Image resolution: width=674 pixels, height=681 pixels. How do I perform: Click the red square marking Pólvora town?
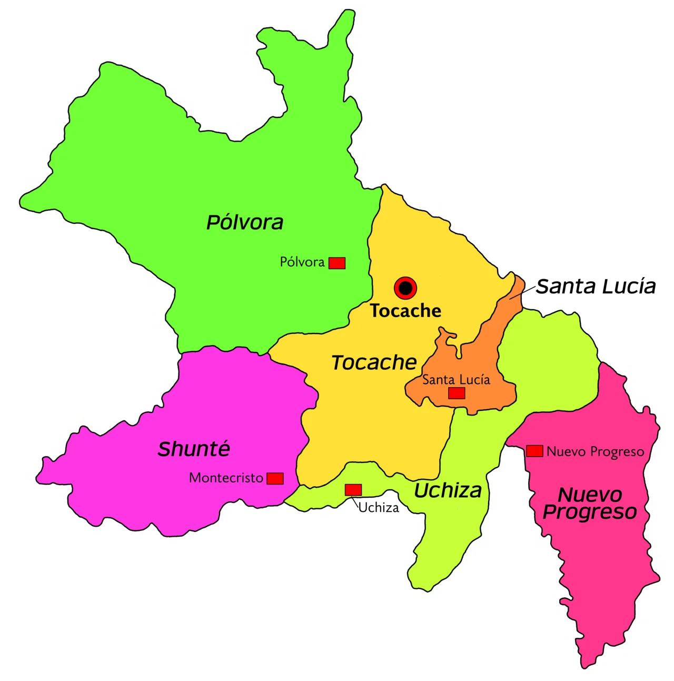click(x=337, y=263)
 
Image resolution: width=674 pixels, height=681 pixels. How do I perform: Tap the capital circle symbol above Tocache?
click(x=405, y=288)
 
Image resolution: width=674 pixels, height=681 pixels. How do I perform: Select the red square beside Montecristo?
click(x=275, y=478)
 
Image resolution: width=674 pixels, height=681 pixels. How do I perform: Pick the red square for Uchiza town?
click(x=353, y=490)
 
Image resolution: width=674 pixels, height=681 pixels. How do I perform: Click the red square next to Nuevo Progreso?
click(x=534, y=451)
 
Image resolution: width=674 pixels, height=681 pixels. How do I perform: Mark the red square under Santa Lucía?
click(x=457, y=393)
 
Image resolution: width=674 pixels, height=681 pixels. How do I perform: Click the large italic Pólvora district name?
click(x=245, y=222)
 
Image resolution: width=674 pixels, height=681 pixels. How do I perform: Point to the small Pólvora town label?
click(x=302, y=262)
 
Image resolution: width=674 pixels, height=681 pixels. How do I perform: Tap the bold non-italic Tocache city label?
click(x=405, y=311)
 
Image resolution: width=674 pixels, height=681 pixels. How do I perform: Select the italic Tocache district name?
click(x=374, y=362)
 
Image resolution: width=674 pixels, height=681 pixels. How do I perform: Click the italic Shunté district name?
click(x=194, y=449)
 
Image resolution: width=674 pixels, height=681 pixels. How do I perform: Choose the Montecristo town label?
click(x=226, y=478)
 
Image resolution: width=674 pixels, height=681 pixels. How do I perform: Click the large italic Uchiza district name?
click(x=448, y=490)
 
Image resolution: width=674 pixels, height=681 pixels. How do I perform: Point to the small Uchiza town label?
click(x=379, y=508)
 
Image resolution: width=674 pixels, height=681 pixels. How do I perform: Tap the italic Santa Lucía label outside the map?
click(x=596, y=287)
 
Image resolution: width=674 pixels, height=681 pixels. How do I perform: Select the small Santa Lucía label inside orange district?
click(x=456, y=380)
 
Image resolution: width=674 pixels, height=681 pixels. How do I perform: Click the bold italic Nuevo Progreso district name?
click(x=590, y=503)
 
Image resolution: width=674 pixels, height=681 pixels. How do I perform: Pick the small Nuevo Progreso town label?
click(x=595, y=452)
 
